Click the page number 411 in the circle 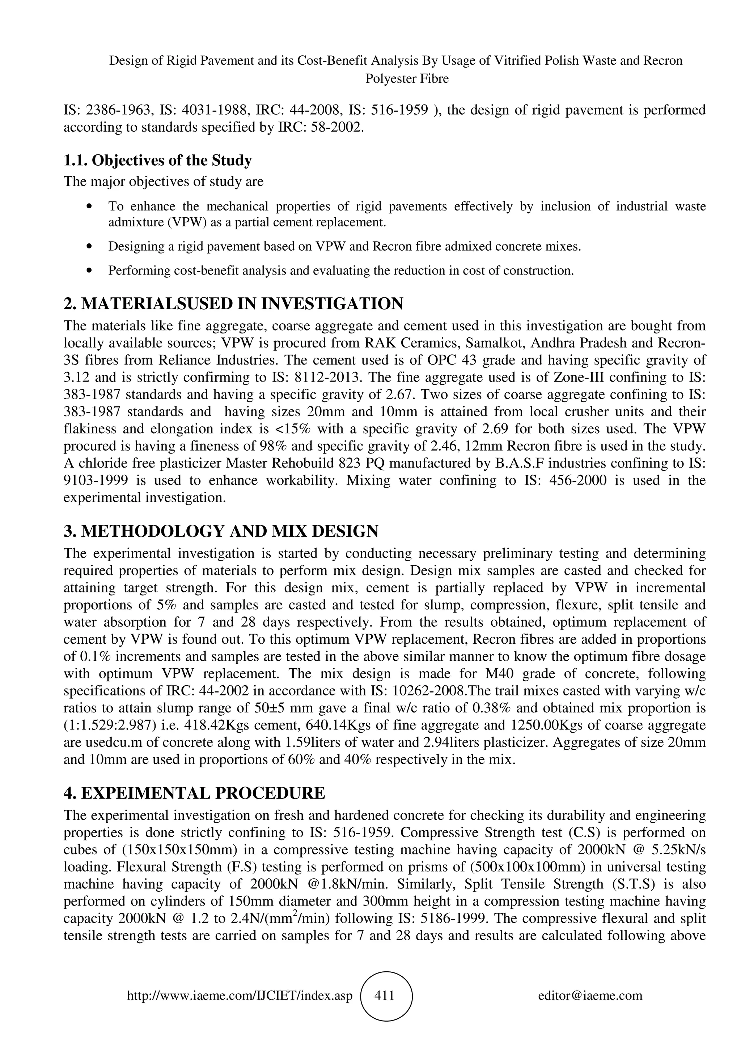pos(384,995)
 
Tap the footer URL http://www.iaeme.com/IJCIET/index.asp pos(240,996)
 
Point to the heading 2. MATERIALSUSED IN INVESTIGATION pos(233,303)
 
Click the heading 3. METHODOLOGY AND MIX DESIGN pos(221,531)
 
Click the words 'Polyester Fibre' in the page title pos(407,79)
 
